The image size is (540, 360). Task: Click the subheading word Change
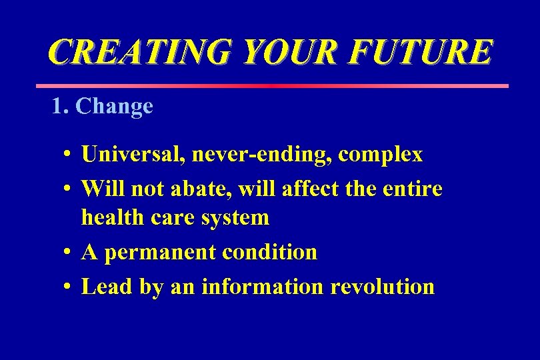click(x=115, y=107)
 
